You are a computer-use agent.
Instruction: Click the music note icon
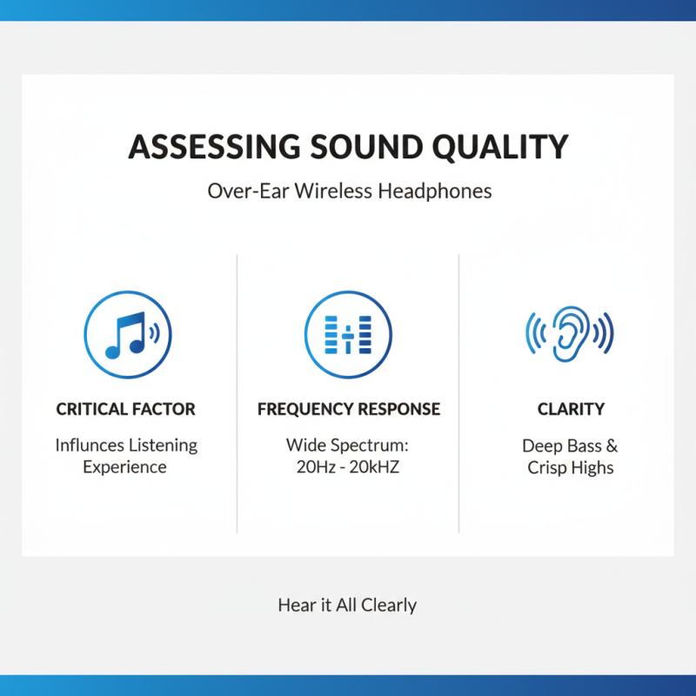[126, 334]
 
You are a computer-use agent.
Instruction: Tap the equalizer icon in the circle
[348, 334]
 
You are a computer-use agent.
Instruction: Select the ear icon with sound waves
[570, 334]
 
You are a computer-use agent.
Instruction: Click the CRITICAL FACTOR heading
[126, 409]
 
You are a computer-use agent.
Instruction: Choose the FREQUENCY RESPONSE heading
[348, 409]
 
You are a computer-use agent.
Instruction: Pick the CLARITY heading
[570, 409]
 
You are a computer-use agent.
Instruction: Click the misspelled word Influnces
[90, 445]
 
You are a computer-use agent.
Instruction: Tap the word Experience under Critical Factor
[125, 467]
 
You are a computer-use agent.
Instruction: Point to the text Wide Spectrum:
[347, 445]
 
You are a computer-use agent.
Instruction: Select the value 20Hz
[312, 467]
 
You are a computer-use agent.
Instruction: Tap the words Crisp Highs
[570, 468]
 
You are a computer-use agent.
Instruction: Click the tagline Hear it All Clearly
[347, 605]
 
